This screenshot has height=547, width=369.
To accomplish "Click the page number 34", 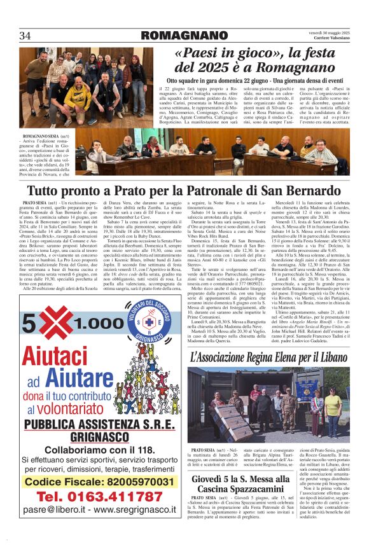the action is click(25, 35).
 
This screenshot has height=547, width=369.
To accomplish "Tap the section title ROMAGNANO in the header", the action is click(184, 35).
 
